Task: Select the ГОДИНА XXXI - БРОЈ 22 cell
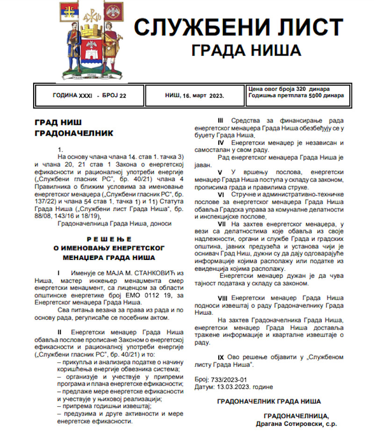[x=90, y=95]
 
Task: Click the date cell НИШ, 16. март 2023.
[x=194, y=95]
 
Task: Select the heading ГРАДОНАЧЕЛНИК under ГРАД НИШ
[x=74, y=133]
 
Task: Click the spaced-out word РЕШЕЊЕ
[x=108, y=239]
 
